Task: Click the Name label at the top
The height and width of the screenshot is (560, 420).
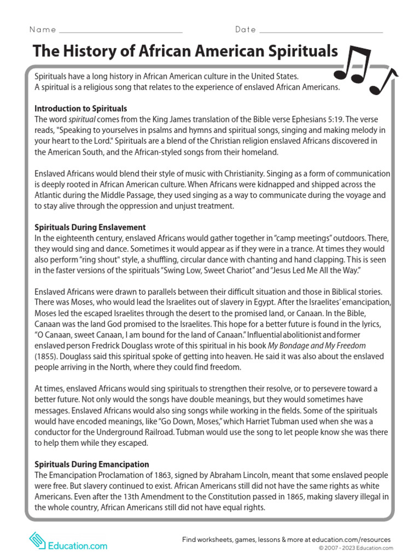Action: click(42, 29)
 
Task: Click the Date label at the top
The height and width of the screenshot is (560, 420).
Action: click(246, 29)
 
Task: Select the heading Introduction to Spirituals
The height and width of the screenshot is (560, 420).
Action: click(81, 108)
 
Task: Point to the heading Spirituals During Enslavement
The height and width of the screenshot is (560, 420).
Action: click(90, 227)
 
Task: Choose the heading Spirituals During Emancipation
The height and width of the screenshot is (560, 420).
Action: click(91, 464)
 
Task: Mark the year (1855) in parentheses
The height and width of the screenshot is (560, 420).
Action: click(46, 356)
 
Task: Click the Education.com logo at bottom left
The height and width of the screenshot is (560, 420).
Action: click(68, 545)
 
